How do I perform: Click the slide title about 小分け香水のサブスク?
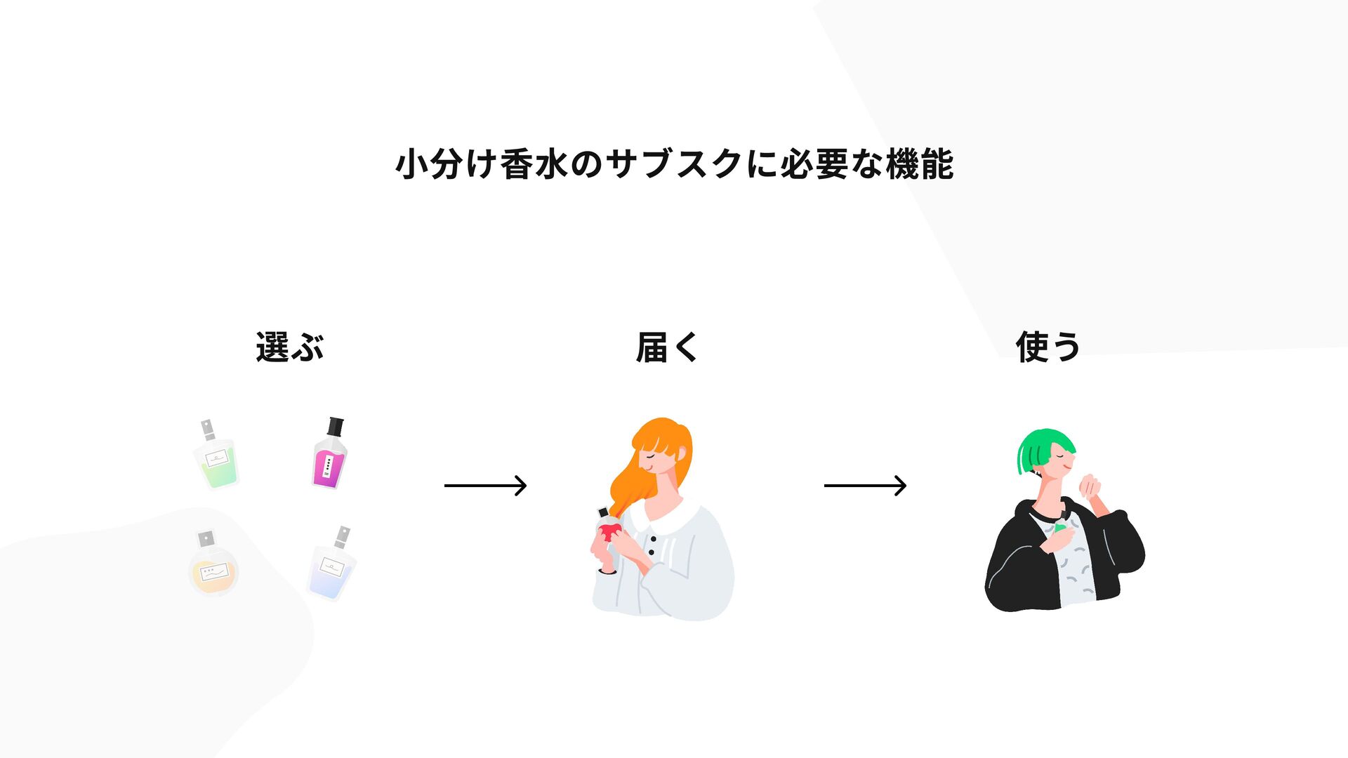(x=674, y=164)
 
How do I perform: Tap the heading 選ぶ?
(x=289, y=347)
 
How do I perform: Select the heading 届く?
(x=667, y=347)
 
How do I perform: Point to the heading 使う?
(x=1048, y=347)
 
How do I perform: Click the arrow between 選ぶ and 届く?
(x=485, y=485)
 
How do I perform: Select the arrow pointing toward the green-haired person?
(x=865, y=485)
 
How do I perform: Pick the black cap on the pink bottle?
(x=336, y=426)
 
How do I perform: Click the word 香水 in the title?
(x=534, y=164)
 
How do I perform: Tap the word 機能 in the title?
(x=919, y=164)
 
